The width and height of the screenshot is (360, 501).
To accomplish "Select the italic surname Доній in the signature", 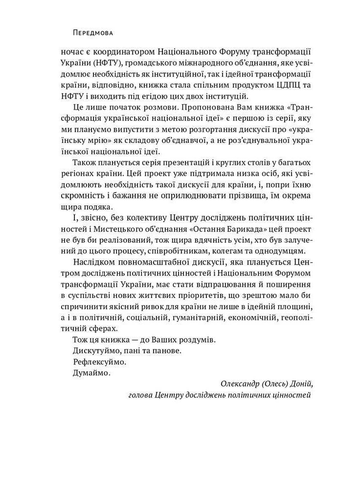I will pos(296,385).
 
